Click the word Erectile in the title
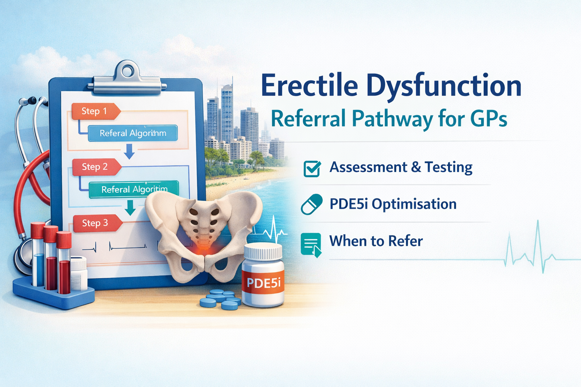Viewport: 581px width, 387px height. pyautogui.click(x=309, y=86)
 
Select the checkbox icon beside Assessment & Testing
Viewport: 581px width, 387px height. pyautogui.click(x=312, y=169)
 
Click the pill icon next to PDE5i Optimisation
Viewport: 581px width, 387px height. pyautogui.click(x=312, y=204)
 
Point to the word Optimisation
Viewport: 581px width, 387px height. pyautogui.click(x=414, y=204)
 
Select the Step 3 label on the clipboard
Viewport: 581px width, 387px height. pyautogui.click(x=95, y=223)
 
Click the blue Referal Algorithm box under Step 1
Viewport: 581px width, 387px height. pyautogui.click(x=133, y=133)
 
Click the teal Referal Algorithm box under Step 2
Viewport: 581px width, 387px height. pyautogui.click(x=134, y=189)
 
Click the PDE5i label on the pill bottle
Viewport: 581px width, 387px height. pyautogui.click(x=263, y=282)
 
